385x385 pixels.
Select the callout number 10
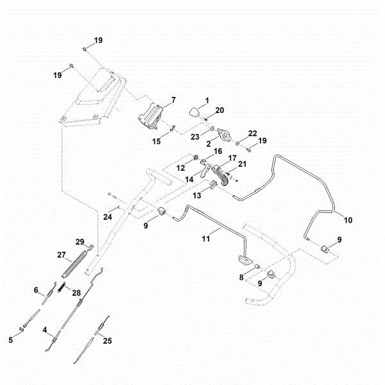pyautogui.click(x=348, y=220)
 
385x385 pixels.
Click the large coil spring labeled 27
pyautogui.click(x=72, y=264)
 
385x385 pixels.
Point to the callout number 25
pyautogui.click(x=107, y=341)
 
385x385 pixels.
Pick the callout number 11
pyautogui.click(x=206, y=238)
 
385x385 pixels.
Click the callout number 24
pyautogui.click(x=107, y=217)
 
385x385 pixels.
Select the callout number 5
pyautogui.click(x=11, y=340)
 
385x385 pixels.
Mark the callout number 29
pyautogui.click(x=80, y=241)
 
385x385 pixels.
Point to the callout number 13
pyautogui.click(x=196, y=194)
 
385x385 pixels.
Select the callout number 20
pyautogui.click(x=219, y=110)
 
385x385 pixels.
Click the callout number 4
pyautogui.click(x=46, y=331)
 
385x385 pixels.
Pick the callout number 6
pyautogui.click(x=37, y=289)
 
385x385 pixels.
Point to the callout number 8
pyautogui.click(x=241, y=277)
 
